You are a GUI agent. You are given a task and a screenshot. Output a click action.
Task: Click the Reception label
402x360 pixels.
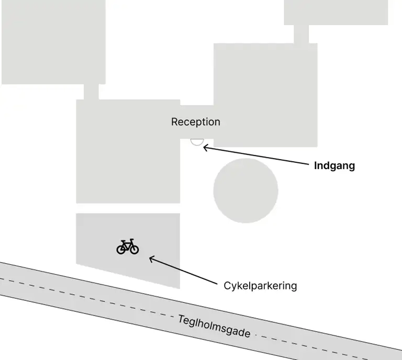tap(196, 122)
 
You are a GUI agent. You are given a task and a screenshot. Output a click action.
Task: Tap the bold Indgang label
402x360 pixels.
tap(334, 166)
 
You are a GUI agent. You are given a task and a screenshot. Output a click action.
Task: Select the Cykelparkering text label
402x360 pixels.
tap(260, 286)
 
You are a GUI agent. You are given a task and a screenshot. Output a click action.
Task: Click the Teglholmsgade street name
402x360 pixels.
tap(214, 326)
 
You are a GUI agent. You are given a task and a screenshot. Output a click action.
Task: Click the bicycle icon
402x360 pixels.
tap(128, 246)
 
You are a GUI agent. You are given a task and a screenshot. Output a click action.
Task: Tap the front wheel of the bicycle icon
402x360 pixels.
tap(134, 249)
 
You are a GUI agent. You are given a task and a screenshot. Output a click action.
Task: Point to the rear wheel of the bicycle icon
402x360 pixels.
tap(121, 249)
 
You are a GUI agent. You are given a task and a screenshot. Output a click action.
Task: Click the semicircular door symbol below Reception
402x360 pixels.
tap(197, 141)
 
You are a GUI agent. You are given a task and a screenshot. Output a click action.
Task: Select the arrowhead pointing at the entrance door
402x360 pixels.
tap(205, 148)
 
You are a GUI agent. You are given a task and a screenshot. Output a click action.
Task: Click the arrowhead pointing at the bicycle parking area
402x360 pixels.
tap(152, 258)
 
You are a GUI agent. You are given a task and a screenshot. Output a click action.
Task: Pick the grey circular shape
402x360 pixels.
tap(245, 190)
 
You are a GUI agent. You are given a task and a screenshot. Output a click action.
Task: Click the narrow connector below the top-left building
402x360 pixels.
tap(91, 92)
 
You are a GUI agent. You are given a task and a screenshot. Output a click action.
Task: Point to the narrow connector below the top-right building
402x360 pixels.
tap(301, 33)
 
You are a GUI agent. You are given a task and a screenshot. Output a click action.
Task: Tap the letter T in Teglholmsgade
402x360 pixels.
tap(181, 318)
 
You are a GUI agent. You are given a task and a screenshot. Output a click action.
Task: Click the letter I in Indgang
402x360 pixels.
tap(316, 166)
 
